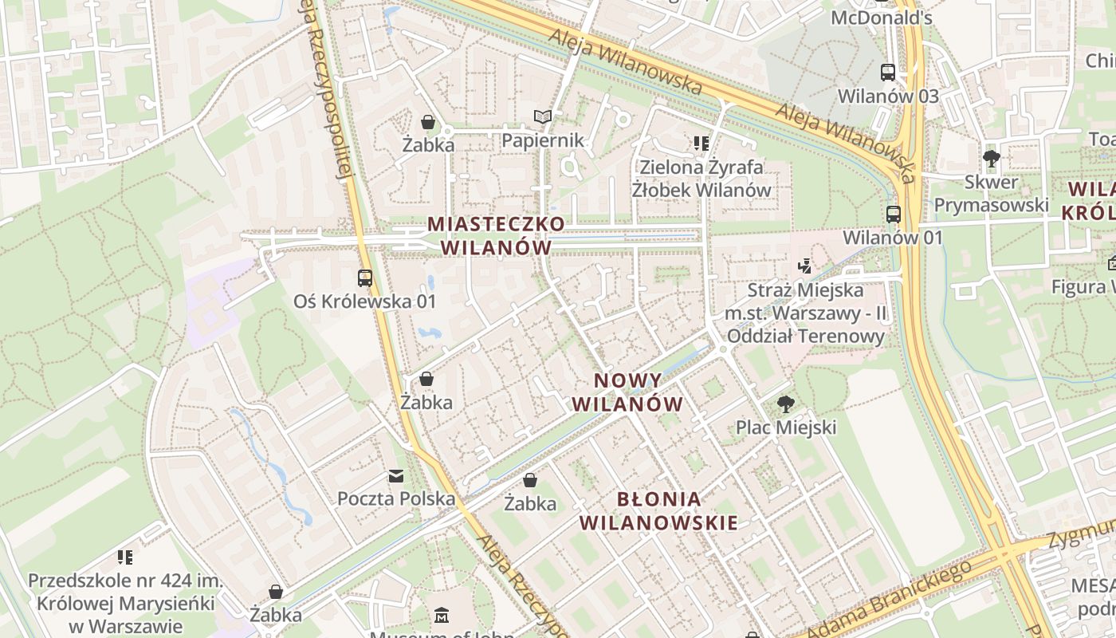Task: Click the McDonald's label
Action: tap(881, 18)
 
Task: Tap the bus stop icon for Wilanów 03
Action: tap(888, 73)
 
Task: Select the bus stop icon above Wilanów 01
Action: tap(893, 214)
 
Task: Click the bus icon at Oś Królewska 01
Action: tap(365, 278)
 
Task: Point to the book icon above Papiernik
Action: tap(543, 117)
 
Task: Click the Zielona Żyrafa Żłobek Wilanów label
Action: tap(701, 179)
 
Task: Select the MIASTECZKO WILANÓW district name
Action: tap(496, 235)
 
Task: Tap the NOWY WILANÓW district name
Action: tap(627, 392)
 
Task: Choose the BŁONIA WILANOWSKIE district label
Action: tap(659, 511)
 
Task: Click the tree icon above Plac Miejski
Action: tap(786, 404)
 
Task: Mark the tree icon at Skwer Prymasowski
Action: tap(992, 158)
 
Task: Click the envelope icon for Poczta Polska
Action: tap(396, 476)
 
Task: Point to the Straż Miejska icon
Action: tap(805, 266)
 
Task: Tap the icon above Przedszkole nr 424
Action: tap(124, 557)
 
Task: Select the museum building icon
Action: tap(442, 615)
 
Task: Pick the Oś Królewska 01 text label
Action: tap(365, 301)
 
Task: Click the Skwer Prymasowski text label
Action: tap(991, 194)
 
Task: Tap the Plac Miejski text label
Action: tap(786, 427)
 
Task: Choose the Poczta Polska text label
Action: tap(396, 499)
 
